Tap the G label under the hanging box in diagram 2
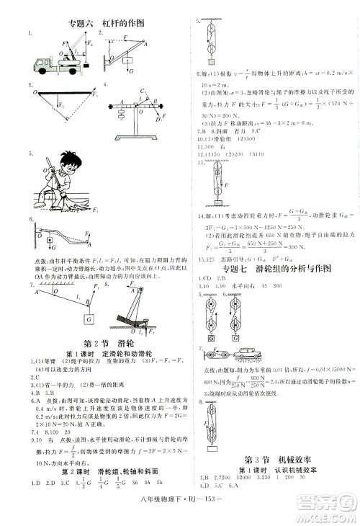point(130,71)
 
